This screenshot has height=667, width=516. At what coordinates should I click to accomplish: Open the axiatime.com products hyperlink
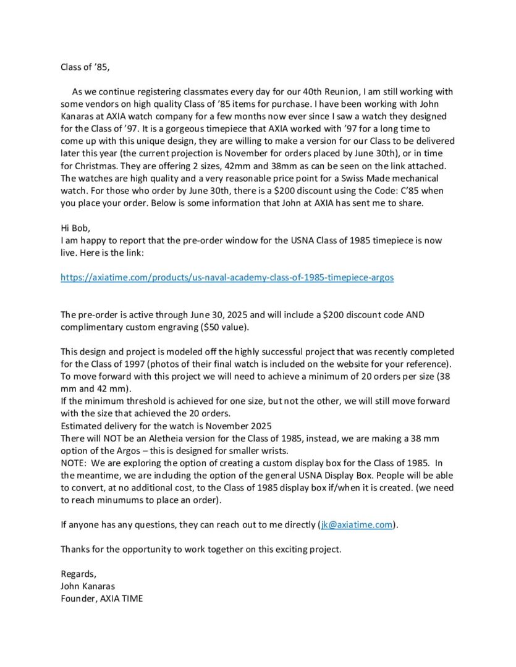coord(227,277)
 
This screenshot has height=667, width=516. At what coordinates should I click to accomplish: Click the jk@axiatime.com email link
coord(357,524)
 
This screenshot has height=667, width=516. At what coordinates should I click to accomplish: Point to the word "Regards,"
coord(78,574)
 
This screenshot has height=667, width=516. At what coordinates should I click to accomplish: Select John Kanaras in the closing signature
coord(88,585)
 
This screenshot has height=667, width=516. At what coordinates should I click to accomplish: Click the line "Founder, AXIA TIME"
coord(101,598)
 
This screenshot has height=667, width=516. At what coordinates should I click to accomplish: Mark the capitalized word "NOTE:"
coord(74,463)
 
